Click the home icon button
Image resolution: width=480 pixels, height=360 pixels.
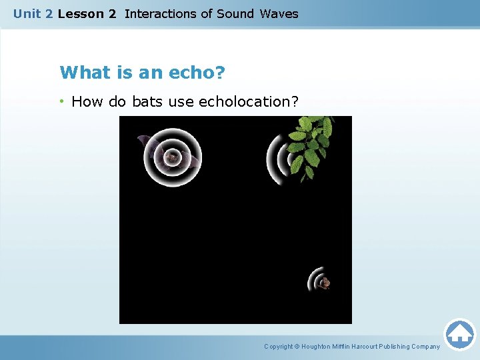(x=459, y=334)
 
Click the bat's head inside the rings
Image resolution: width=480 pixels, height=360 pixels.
(x=173, y=157)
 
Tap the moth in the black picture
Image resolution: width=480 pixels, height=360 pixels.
(x=325, y=283)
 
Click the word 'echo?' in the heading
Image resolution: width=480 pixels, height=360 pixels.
(x=194, y=72)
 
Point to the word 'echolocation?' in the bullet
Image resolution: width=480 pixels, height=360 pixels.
(x=249, y=102)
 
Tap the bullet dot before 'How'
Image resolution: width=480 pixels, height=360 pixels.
(x=62, y=101)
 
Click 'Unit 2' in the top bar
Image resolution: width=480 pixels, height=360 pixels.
(x=33, y=13)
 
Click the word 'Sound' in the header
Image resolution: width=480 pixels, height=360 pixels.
(x=235, y=13)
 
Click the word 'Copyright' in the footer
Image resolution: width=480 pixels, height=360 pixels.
(x=279, y=347)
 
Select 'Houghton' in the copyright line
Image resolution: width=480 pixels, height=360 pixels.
(x=319, y=347)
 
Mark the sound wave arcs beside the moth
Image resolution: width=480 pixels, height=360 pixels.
(x=314, y=279)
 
